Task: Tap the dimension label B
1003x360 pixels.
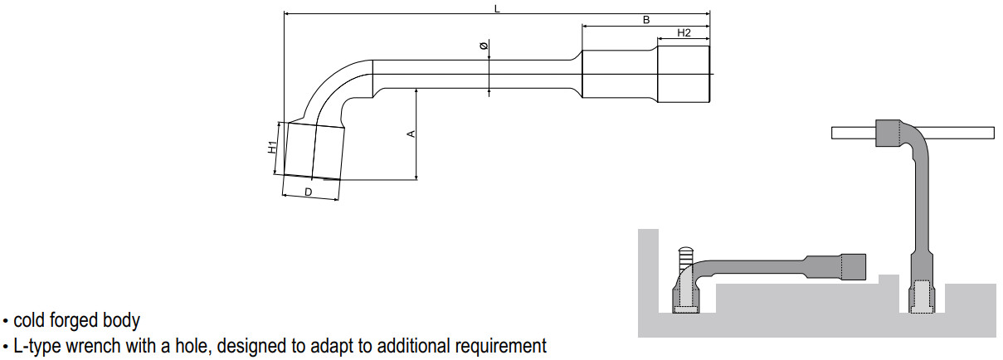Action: [645, 20]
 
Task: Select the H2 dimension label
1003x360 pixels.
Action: [684, 33]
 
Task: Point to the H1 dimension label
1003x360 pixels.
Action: [272, 148]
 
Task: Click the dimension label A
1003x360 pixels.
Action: [409, 134]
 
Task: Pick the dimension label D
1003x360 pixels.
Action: [308, 192]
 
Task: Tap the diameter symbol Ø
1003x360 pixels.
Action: [484, 46]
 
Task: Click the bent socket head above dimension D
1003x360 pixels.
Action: [313, 151]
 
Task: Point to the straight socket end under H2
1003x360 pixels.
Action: [684, 75]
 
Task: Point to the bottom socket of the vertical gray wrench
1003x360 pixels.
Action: [921, 297]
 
